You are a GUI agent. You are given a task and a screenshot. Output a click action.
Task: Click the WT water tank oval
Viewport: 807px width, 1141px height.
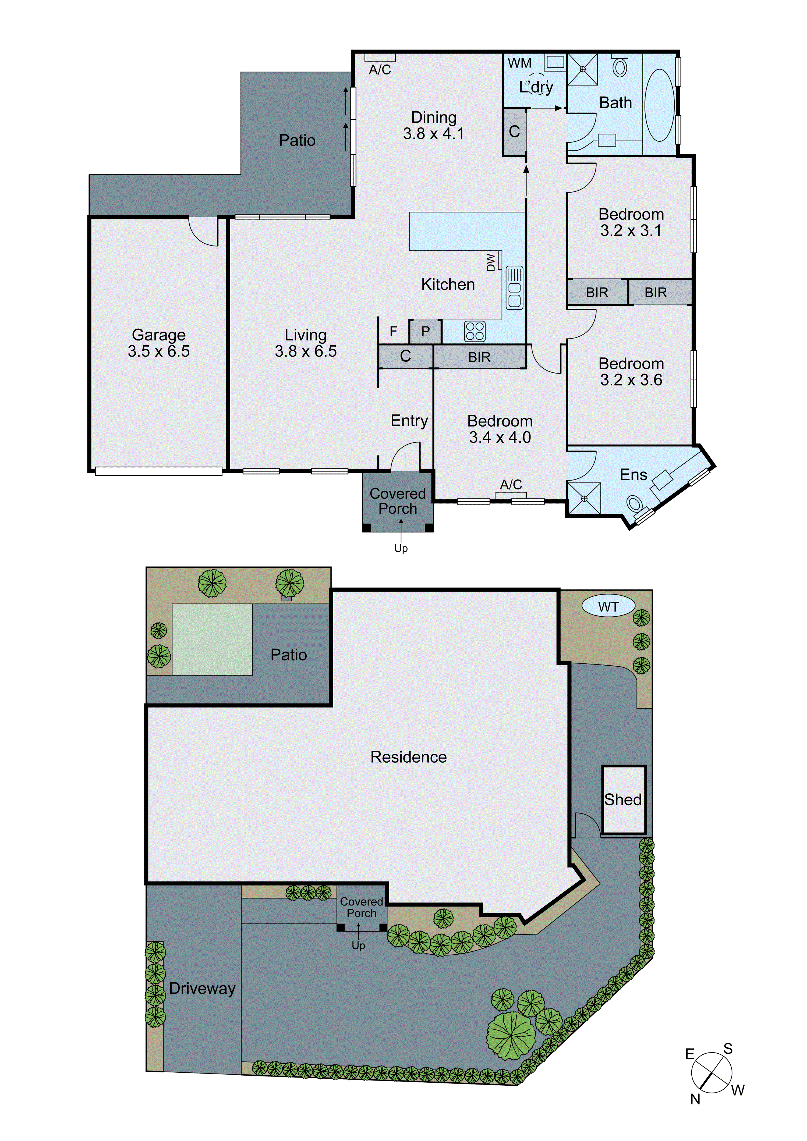pyautogui.click(x=608, y=606)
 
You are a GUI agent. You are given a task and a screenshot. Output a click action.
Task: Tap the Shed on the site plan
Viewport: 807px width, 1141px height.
pyautogui.click(x=624, y=799)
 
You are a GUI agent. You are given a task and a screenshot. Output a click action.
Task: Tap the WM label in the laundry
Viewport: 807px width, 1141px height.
pyautogui.click(x=520, y=63)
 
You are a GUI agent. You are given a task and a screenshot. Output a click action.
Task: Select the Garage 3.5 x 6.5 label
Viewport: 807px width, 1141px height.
pyautogui.click(x=159, y=343)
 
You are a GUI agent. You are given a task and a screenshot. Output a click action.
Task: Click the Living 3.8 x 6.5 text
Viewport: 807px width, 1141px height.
pyautogui.click(x=305, y=343)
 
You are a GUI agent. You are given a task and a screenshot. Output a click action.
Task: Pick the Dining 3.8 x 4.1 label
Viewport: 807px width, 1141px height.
pyautogui.click(x=434, y=125)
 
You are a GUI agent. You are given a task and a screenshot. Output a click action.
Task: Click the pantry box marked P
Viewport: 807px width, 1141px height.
pyautogui.click(x=425, y=332)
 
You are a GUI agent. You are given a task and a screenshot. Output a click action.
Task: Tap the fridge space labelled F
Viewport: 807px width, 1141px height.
pyautogui.click(x=393, y=332)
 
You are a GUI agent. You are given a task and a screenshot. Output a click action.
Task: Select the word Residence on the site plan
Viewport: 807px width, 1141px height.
pyautogui.click(x=408, y=757)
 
